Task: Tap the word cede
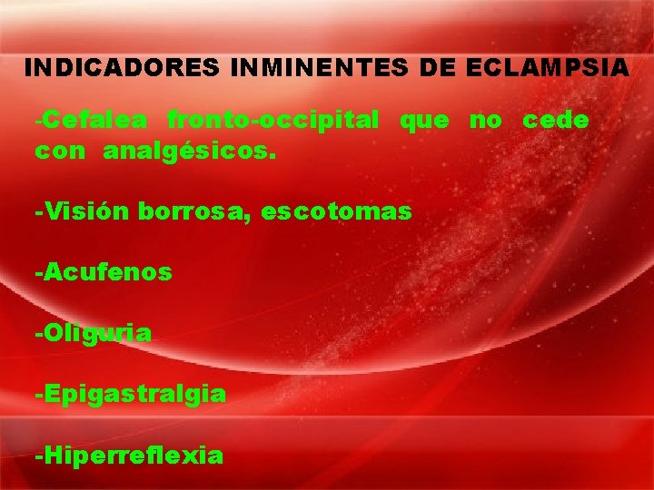(x=556, y=120)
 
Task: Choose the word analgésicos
(x=186, y=152)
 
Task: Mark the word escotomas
(x=336, y=212)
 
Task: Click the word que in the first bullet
(x=424, y=120)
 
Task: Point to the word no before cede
(x=485, y=120)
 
